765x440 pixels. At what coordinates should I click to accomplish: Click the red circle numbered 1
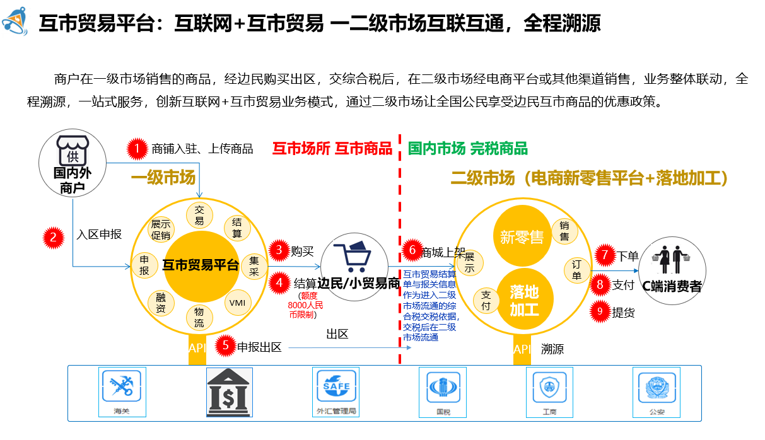[136, 149]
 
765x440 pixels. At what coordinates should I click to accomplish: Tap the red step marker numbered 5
[225, 346]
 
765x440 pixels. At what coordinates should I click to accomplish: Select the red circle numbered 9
[600, 311]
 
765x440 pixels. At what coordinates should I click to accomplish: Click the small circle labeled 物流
[199, 316]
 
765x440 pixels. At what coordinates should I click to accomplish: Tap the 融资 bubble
[160, 303]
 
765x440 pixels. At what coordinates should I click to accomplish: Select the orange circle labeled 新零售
[522, 237]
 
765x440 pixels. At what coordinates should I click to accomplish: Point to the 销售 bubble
[564, 231]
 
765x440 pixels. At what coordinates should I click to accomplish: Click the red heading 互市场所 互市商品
[332, 149]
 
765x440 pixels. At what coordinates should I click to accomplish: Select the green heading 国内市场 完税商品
[467, 149]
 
